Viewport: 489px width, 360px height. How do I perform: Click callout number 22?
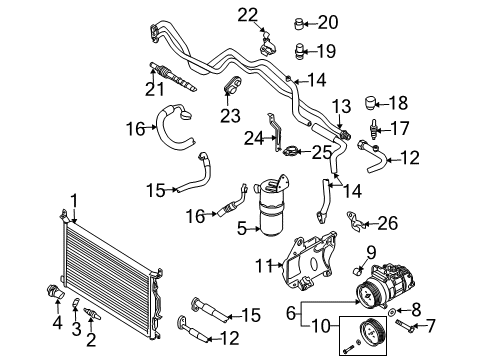[x=248, y=15]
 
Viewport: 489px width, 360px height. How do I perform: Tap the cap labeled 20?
[x=299, y=24]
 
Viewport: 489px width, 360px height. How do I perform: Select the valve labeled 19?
[x=300, y=51]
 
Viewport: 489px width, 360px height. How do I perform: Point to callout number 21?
[x=155, y=89]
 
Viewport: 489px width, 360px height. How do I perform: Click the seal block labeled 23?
[x=232, y=84]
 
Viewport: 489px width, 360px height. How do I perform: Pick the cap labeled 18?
[x=370, y=103]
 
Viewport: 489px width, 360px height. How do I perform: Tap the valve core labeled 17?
[x=374, y=128]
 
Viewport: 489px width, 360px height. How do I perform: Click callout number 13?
[x=341, y=106]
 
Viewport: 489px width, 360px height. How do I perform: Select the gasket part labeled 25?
[x=290, y=151]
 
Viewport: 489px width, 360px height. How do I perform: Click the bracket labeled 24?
[x=275, y=133]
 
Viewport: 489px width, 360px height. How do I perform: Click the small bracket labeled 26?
[x=355, y=220]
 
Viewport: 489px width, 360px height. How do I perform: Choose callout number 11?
[x=264, y=266]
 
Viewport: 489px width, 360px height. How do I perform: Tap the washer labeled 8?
[x=392, y=312]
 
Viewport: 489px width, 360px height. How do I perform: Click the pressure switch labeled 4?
[x=56, y=292]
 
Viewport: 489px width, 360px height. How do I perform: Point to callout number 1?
[x=74, y=201]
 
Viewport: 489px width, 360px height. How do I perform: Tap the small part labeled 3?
[x=75, y=303]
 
